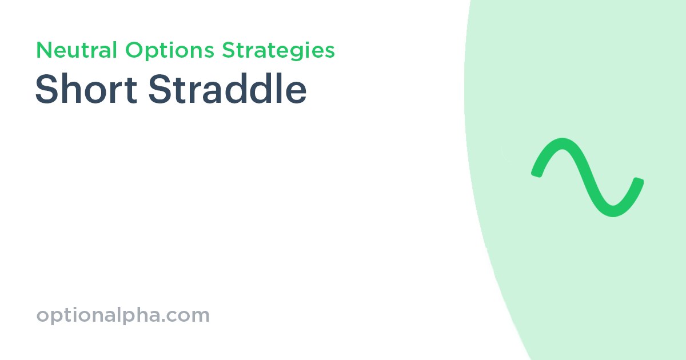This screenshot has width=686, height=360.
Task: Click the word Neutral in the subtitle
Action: click(x=78, y=50)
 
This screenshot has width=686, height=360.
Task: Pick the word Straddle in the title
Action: click(x=228, y=90)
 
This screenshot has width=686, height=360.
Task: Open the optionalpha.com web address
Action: click(x=123, y=315)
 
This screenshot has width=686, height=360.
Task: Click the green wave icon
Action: click(x=587, y=177)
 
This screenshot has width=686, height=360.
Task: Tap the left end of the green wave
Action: click(x=536, y=172)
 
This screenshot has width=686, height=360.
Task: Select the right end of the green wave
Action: click(x=639, y=182)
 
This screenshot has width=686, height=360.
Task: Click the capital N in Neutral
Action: click(x=43, y=50)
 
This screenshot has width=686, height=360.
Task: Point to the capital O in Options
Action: click(x=134, y=50)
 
